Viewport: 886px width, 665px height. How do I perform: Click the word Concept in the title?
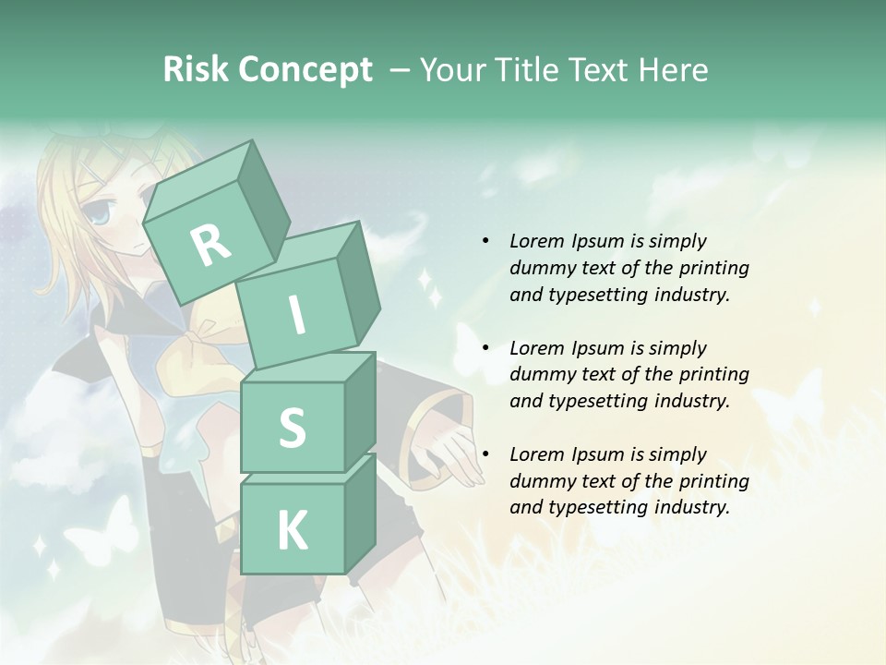305,70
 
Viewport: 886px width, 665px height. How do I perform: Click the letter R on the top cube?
210,245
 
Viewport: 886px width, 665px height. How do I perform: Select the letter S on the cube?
292,428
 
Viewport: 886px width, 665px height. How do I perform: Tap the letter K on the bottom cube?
292,531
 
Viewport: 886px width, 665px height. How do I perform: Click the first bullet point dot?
485,241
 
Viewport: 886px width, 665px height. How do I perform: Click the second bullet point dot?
485,348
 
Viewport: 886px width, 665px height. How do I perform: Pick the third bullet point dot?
485,454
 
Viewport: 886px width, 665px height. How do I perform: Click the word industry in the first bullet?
692,295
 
